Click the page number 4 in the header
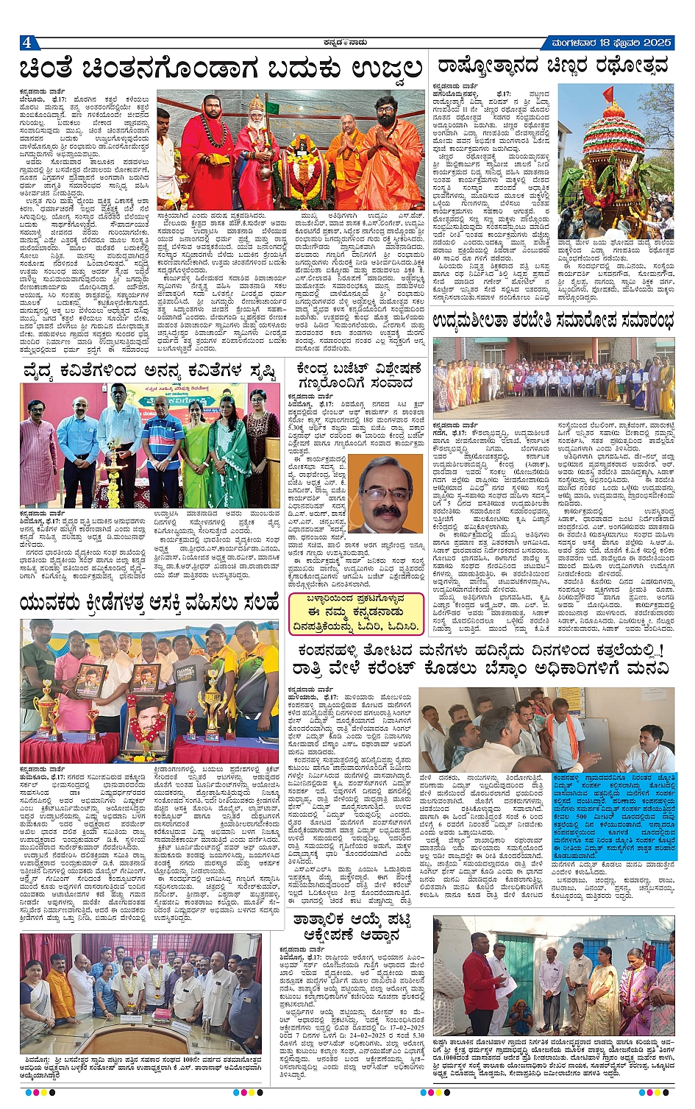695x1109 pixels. point(27,42)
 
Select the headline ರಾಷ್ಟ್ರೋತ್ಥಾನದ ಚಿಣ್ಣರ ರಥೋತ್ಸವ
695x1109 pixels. point(552,66)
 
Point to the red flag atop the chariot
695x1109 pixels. point(607,95)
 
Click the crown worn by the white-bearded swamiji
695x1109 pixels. point(256,104)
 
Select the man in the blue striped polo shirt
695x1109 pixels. point(163,449)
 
